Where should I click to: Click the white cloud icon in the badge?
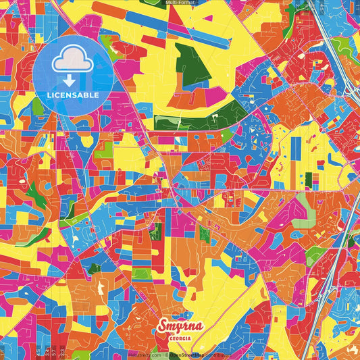click(x=72, y=62)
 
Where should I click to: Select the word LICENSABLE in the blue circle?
click(x=72, y=95)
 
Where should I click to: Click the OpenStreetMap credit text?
click(x=189, y=354)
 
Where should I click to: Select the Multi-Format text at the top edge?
click(x=180, y=3)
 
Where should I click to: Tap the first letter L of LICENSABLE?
click(x=49, y=95)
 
